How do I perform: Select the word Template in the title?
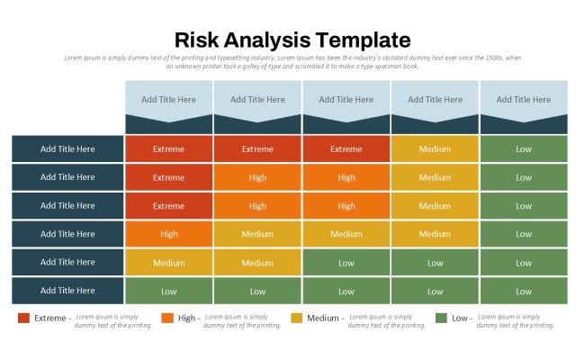(364, 40)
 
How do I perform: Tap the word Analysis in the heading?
(269, 40)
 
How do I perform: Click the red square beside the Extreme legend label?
(24, 318)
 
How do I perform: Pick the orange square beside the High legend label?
(167, 318)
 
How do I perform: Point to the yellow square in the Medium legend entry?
(297, 318)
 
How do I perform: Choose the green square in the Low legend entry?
(441, 318)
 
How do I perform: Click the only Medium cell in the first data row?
(435, 149)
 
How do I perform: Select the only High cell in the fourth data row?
(168, 234)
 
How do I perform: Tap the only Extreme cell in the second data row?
(168, 177)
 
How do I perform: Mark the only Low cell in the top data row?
(524, 149)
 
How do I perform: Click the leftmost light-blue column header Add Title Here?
(168, 99)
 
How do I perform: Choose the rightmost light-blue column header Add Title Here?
(524, 99)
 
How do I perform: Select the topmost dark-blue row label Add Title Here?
(67, 149)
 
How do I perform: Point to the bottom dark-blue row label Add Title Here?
(67, 291)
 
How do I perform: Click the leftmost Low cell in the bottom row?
(168, 291)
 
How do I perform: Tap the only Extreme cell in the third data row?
(168, 206)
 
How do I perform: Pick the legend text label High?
(187, 318)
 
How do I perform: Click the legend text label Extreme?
(50, 318)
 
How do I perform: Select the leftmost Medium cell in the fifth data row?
(168, 263)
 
